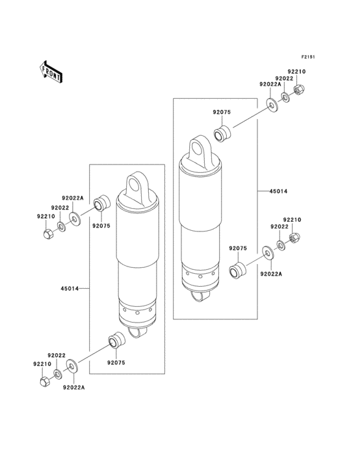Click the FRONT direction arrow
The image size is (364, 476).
[x=51, y=72]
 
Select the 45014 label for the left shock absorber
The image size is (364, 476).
[x=70, y=288]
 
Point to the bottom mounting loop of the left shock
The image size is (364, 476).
[x=137, y=332]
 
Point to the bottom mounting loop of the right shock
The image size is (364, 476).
[x=201, y=296]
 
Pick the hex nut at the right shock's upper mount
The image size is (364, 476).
[x=299, y=89]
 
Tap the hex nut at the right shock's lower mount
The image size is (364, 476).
[x=294, y=239]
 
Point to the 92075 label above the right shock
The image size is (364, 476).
[x=222, y=112]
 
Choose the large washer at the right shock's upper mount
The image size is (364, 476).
[x=270, y=105]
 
